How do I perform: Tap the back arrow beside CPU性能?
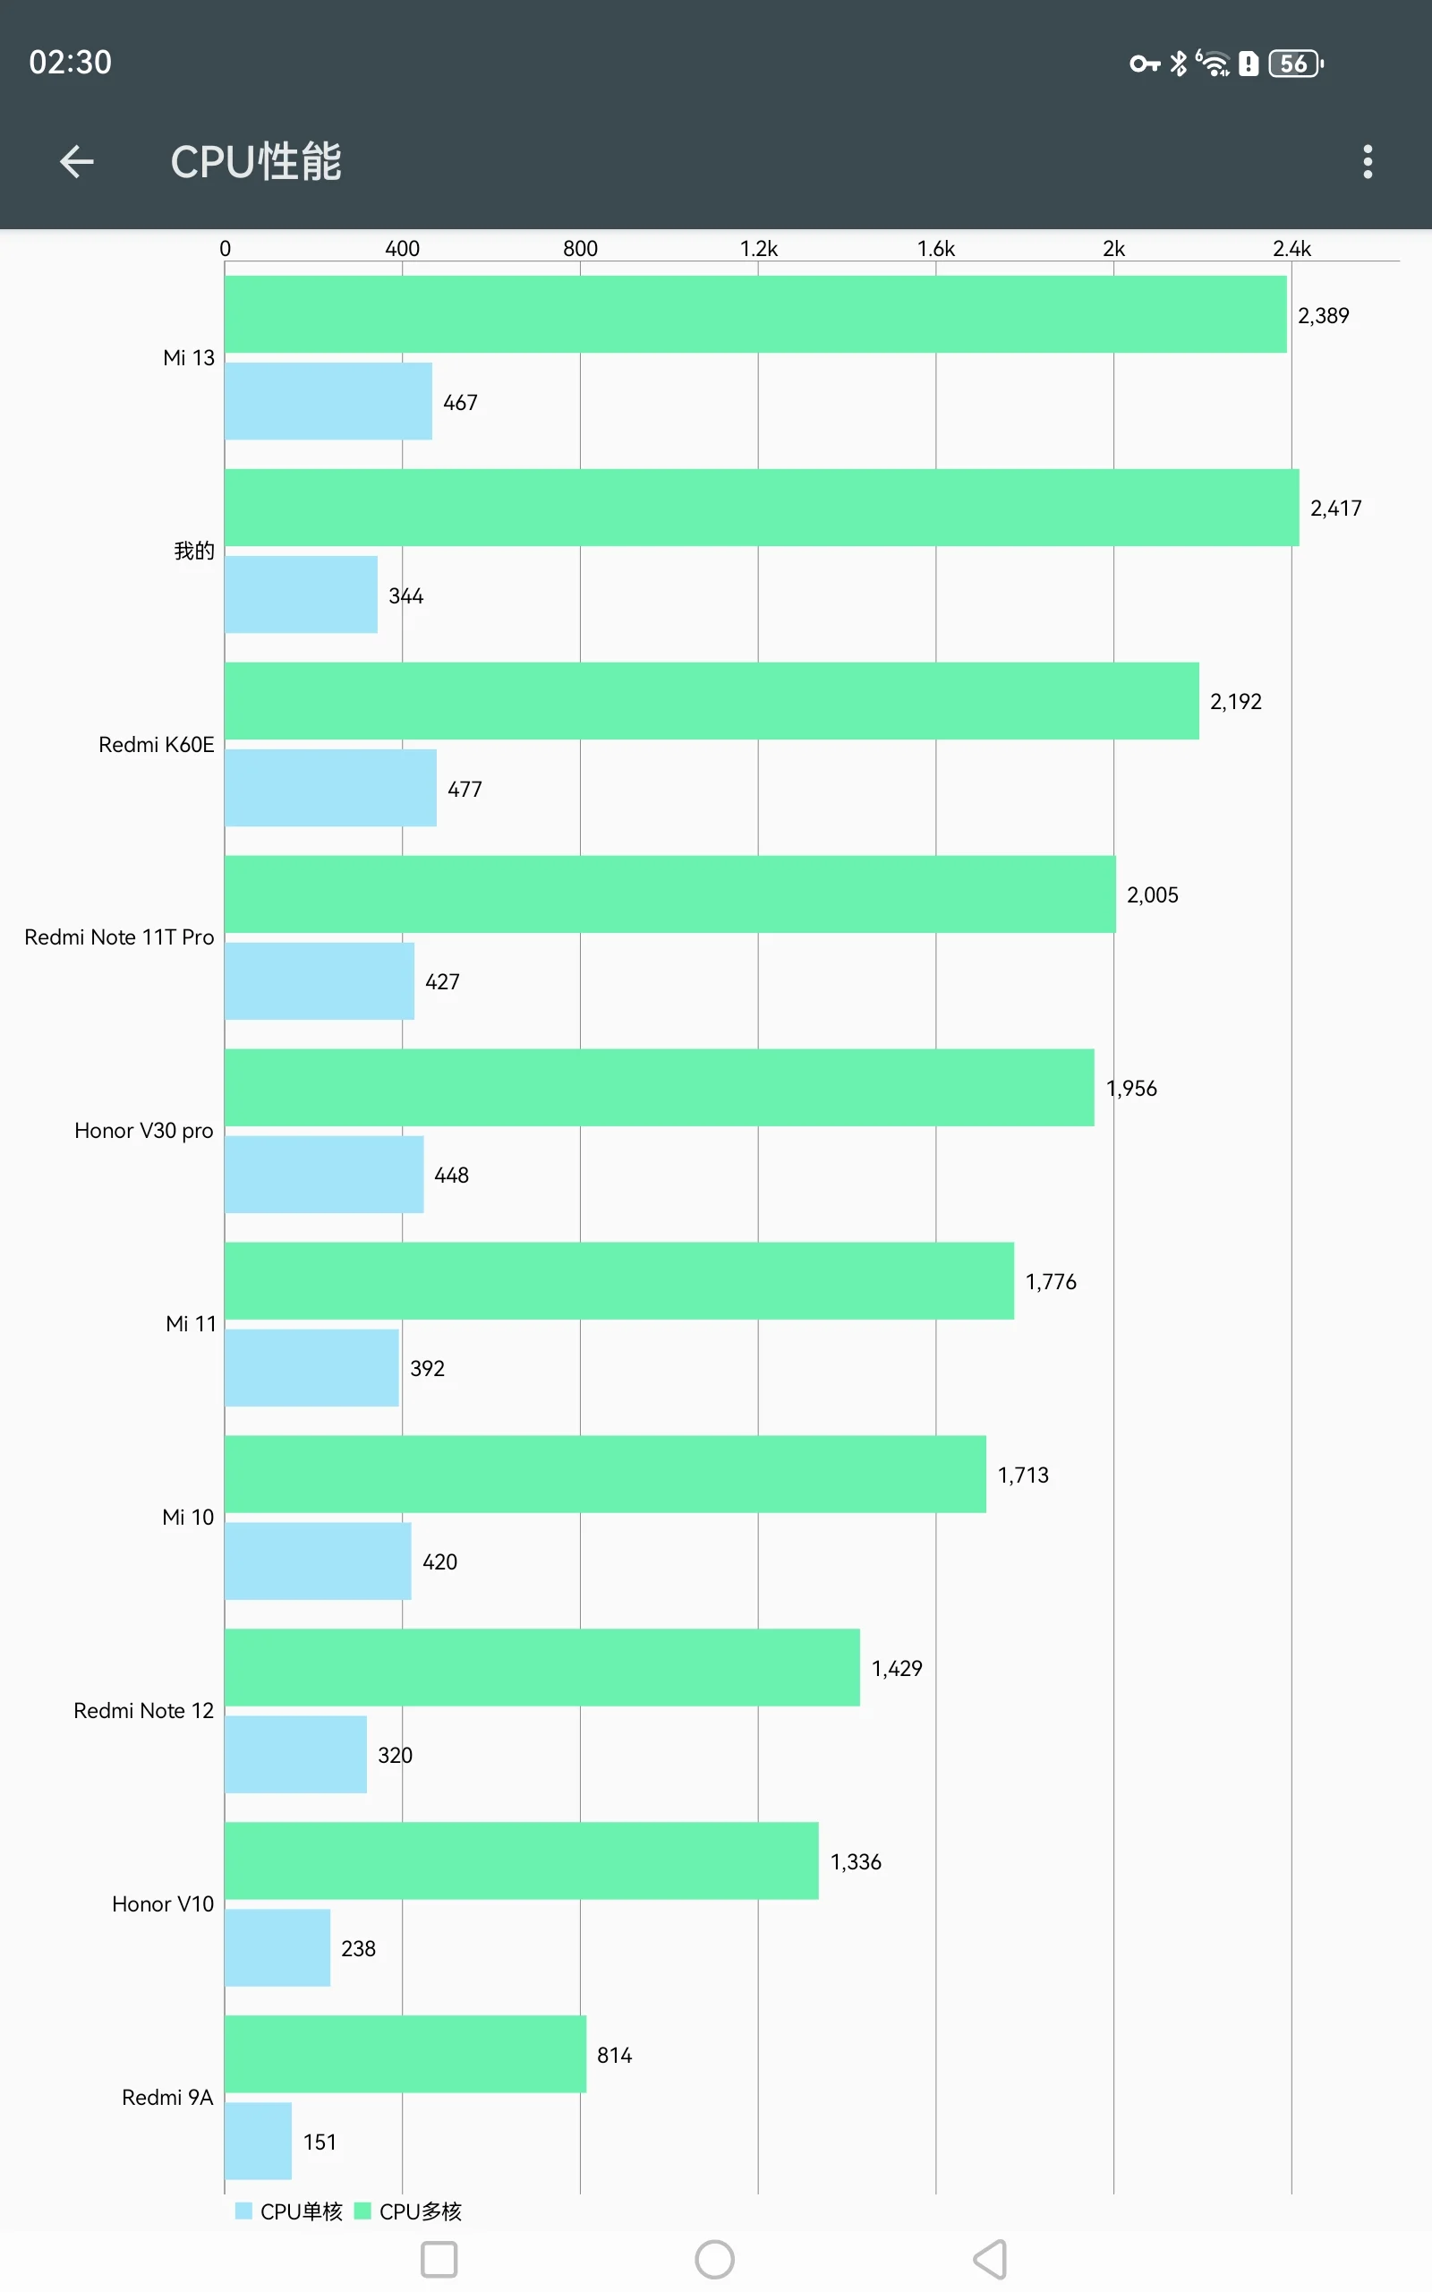coord(77,162)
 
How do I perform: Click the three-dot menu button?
coord(1367,162)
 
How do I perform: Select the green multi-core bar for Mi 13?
coord(754,314)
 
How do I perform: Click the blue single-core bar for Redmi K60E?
coord(329,788)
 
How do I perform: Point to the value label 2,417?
coord(1335,509)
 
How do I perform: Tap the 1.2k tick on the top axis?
coord(758,249)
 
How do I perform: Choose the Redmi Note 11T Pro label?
coord(119,937)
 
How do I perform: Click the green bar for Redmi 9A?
coord(405,2054)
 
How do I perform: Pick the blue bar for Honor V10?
coord(277,1948)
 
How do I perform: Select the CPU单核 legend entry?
coord(289,2211)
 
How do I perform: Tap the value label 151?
coord(320,2142)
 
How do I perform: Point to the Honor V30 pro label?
coord(144,1131)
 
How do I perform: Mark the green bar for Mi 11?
coord(618,1280)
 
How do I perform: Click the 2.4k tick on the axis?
coord(1291,249)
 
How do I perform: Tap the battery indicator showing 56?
coord(1295,64)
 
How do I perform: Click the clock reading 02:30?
coord(70,63)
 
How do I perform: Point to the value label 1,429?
coord(896,1669)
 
